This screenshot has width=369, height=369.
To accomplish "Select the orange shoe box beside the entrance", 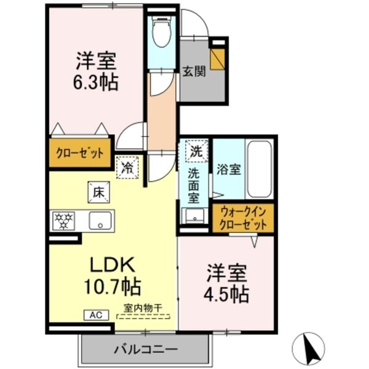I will pyautogui.click(x=217, y=58).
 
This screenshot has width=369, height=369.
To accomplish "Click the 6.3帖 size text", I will pyautogui.click(x=97, y=82).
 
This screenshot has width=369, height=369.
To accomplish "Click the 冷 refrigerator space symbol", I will pyautogui.click(x=127, y=166).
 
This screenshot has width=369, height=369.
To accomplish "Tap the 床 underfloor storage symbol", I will pyautogui.click(x=97, y=191).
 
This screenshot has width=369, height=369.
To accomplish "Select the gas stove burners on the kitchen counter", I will pyautogui.click(x=63, y=220).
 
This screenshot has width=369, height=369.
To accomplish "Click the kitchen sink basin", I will pyautogui.click(x=99, y=220).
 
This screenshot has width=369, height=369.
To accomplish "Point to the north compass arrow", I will pyautogui.click(x=314, y=348).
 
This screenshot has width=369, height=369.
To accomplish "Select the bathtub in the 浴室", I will pyautogui.click(x=258, y=169).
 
